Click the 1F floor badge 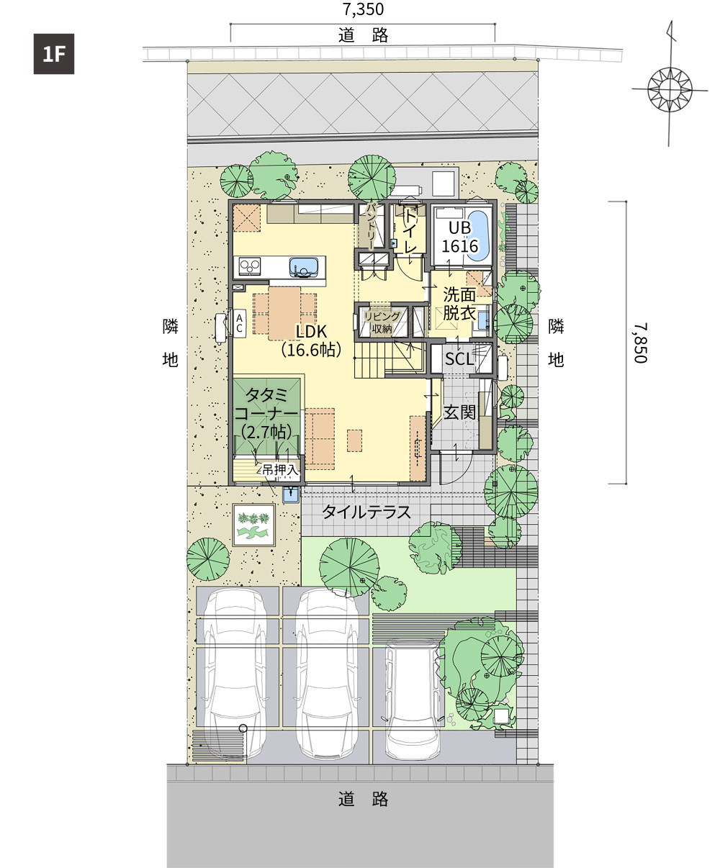click(x=54, y=54)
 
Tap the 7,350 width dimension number click(x=363, y=9)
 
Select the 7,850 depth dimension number click(x=640, y=343)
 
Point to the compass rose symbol click(x=670, y=89)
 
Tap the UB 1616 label click(x=459, y=237)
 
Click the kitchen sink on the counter click(x=303, y=267)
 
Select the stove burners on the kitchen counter click(x=250, y=266)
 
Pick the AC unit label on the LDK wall click(x=239, y=323)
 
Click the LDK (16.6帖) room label click(x=312, y=341)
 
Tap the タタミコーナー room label click(x=266, y=413)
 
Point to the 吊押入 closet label click(x=280, y=470)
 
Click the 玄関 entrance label click(x=459, y=413)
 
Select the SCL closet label click(x=459, y=359)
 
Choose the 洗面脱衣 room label click(x=459, y=304)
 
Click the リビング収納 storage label click(x=382, y=322)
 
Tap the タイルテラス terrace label click(x=366, y=512)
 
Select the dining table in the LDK click(x=284, y=314)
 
